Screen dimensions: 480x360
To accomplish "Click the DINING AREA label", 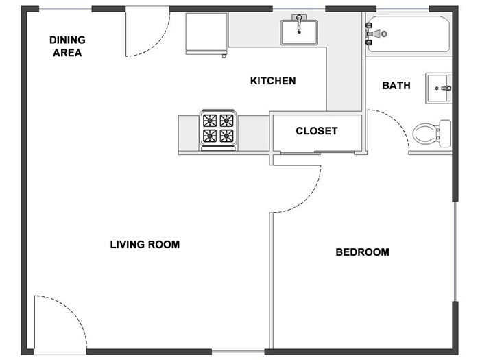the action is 67,46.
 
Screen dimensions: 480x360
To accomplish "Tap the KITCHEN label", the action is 273,81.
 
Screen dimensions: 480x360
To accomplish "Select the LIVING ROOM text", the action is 145,245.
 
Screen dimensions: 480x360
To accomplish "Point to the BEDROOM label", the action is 363,252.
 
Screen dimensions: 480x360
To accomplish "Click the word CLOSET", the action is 317,131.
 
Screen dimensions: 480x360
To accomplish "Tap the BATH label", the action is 396,86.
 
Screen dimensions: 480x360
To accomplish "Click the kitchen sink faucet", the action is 299,23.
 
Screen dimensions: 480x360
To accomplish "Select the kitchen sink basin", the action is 299,32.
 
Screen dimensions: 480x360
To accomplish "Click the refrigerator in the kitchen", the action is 206,34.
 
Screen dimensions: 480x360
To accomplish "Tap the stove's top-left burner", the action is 210,121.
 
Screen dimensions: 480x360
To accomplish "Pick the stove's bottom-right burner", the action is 226,136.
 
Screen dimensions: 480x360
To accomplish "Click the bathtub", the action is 409,34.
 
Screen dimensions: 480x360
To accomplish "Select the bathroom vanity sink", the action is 438,88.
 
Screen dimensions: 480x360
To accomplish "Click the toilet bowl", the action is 425,134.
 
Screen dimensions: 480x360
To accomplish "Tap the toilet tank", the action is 445,134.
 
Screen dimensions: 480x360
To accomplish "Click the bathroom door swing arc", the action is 398,120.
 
